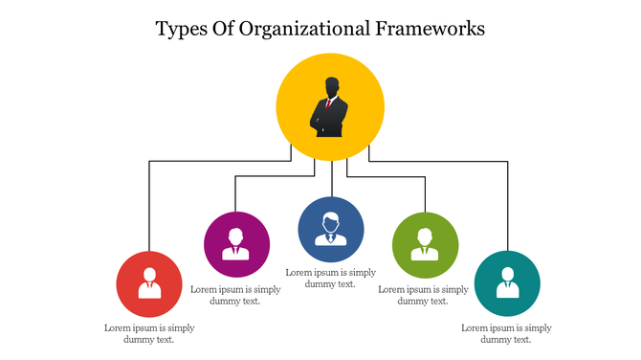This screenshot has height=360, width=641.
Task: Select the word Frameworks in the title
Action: tap(431, 29)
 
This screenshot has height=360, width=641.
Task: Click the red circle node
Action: tap(148, 284)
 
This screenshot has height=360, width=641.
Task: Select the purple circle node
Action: tap(235, 243)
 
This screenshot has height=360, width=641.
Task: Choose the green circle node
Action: tap(425, 243)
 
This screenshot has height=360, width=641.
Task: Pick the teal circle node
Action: tap(507, 284)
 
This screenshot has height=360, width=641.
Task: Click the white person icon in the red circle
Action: tap(148, 284)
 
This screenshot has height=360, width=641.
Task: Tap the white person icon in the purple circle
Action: tap(235, 244)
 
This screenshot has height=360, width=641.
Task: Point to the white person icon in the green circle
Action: tap(425, 244)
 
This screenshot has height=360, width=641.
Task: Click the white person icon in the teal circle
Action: tap(507, 284)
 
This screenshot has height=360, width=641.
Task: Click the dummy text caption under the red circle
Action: tap(149, 333)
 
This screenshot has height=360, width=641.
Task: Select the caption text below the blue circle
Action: tap(331, 278)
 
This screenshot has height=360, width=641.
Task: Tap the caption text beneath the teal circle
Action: tap(506, 333)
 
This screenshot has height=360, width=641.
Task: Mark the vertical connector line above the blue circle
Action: tap(331, 179)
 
